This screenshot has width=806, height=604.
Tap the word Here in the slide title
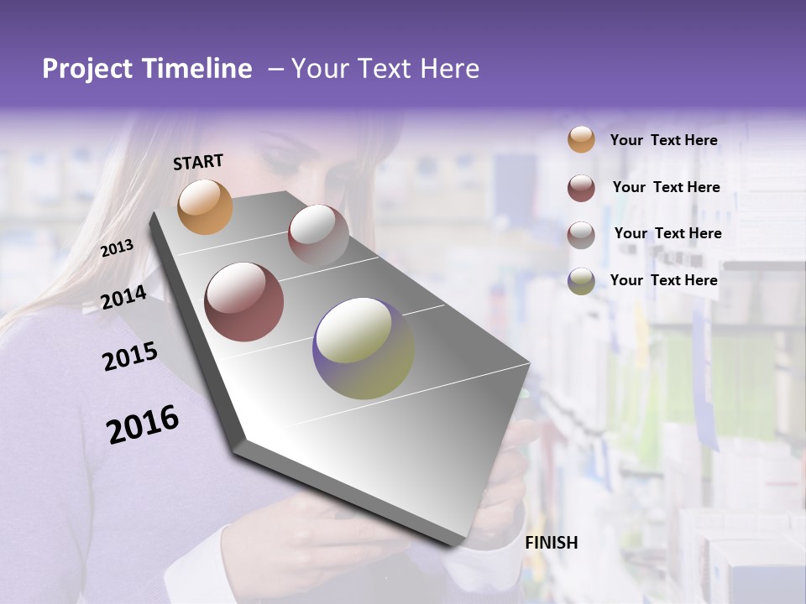449,69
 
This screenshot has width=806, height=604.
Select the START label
198,162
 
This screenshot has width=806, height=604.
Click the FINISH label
552,543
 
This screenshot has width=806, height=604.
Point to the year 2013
117,248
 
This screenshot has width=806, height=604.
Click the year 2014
123,297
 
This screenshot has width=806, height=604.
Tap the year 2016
142,424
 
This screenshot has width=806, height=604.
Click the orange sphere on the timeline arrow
205,206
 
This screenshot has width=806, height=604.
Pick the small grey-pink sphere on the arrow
318,235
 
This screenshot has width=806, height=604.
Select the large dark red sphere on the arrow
244,302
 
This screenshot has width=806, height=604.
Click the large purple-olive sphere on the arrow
364,348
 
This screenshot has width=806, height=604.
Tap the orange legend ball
581,139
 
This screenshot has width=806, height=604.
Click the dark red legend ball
581,187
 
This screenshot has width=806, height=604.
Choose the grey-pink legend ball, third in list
581,234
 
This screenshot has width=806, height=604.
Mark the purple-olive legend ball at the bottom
581,281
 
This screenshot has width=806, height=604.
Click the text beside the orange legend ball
663,140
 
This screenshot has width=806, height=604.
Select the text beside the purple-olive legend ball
663,280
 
